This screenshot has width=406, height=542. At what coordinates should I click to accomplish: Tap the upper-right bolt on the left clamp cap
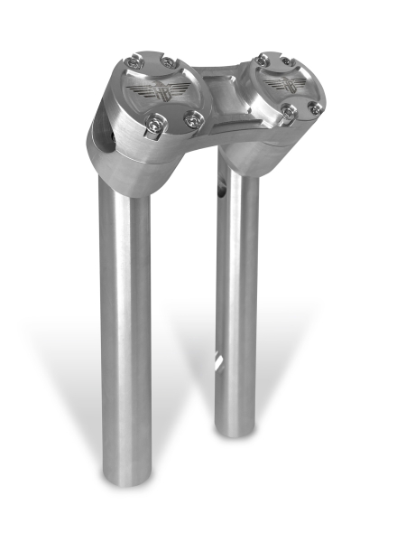169,63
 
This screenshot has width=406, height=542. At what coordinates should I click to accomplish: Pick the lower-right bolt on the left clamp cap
194,118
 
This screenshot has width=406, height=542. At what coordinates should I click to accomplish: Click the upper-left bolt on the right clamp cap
262,60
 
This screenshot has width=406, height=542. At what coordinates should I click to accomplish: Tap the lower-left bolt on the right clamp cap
289,111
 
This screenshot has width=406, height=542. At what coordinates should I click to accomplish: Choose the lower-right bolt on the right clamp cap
314,107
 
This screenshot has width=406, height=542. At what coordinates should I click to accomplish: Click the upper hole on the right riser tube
219,192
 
